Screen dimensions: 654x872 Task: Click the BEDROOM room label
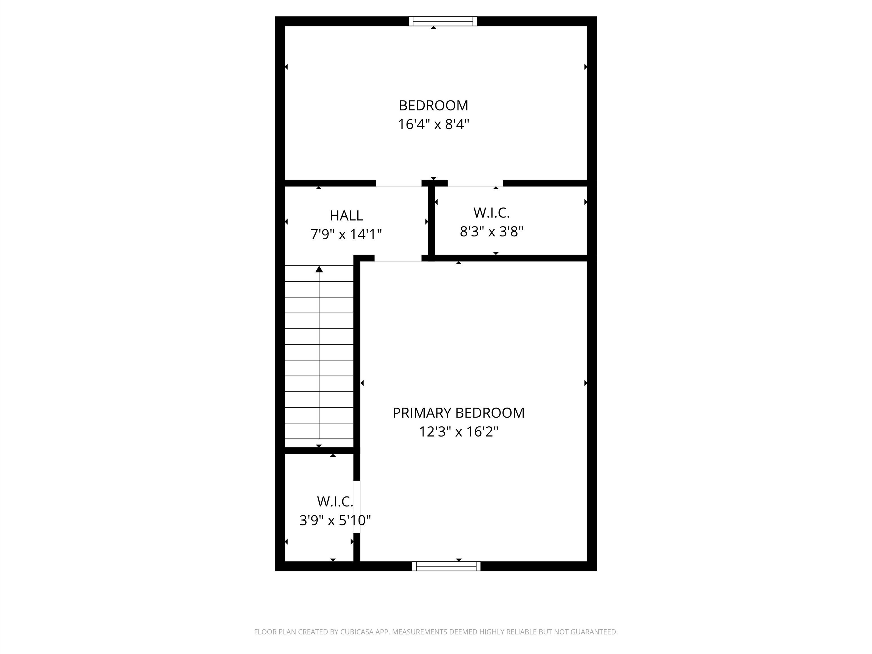(x=433, y=106)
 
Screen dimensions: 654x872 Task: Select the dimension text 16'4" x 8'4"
(x=433, y=125)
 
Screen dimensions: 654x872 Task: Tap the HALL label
(x=346, y=216)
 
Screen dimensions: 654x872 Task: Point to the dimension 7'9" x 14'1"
(x=346, y=234)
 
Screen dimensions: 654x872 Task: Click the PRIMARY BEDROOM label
(x=458, y=413)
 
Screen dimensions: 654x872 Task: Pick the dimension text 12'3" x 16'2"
(x=458, y=432)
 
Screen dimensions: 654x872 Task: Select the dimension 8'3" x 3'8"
(x=491, y=231)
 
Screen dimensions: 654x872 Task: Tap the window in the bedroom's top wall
(x=443, y=21)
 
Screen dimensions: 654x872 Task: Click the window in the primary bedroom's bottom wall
(x=446, y=566)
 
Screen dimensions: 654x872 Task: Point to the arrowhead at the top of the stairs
(x=319, y=269)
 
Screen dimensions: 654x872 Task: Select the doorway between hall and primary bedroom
(x=398, y=258)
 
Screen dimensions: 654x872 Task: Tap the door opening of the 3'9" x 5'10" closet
(x=357, y=507)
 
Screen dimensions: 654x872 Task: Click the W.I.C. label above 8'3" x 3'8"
(x=491, y=213)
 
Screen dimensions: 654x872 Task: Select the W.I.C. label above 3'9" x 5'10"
(x=335, y=502)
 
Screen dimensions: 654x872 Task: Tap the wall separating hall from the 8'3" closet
(x=431, y=221)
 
